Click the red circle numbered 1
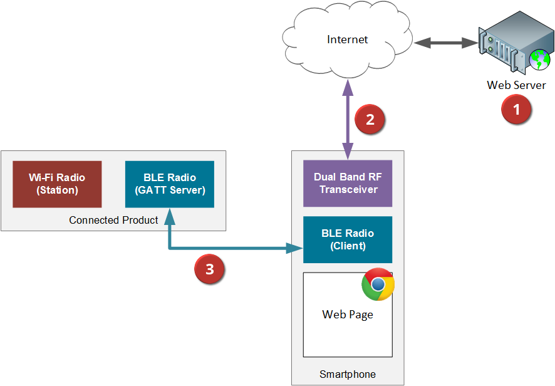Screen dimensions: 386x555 (x=516, y=110)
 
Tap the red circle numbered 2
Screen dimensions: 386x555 (x=370, y=119)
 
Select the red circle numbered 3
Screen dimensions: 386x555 (x=209, y=269)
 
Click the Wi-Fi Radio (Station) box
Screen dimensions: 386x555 (x=57, y=184)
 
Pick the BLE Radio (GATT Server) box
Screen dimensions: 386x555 (x=170, y=184)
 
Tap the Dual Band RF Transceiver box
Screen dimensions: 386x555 (x=348, y=184)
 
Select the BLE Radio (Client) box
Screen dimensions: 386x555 (x=348, y=239)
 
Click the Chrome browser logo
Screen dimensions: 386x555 (x=378, y=284)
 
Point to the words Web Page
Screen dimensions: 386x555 (x=348, y=315)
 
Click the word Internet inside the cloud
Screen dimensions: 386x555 (x=348, y=39)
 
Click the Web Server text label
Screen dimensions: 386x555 (x=516, y=85)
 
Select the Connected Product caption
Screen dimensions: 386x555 (x=113, y=221)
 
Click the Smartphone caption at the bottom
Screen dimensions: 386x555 (x=348, y=375)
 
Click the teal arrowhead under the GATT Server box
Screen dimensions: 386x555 (x=170, y=216)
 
